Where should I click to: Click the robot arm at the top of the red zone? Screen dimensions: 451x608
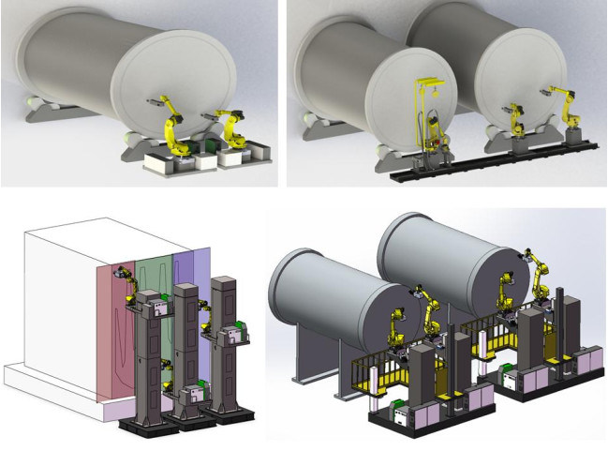click(124, 274)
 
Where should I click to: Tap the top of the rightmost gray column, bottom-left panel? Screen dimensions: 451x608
click(222, 281)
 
